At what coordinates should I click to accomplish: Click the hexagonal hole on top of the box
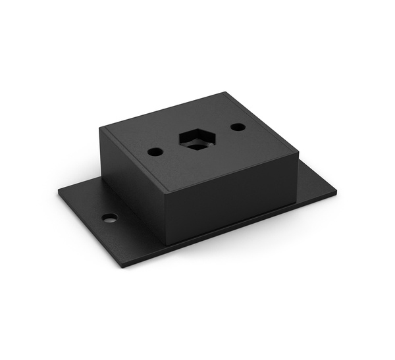coord(196,139)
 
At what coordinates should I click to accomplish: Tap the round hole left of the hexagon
coord(155,151)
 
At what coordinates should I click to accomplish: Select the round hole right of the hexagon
coord(238,126)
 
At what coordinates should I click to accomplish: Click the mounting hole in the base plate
coord(110,218)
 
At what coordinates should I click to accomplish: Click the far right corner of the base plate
coord(336,193)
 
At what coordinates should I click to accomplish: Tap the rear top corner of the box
coord(226,92)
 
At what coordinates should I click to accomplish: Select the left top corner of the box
coord(101,128)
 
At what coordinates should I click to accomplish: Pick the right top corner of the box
coord(298,155)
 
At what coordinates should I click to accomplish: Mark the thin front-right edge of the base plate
coord(230,231)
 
